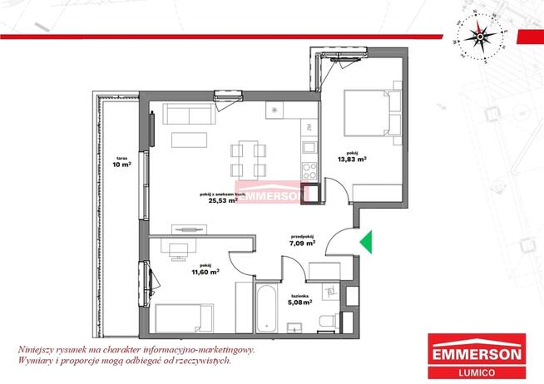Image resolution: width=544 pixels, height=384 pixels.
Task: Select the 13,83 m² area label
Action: pos(353,159)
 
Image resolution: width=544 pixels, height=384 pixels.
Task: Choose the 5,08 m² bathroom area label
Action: pos(300,303)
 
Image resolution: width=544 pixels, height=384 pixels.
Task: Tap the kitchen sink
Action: pos(309,150)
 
